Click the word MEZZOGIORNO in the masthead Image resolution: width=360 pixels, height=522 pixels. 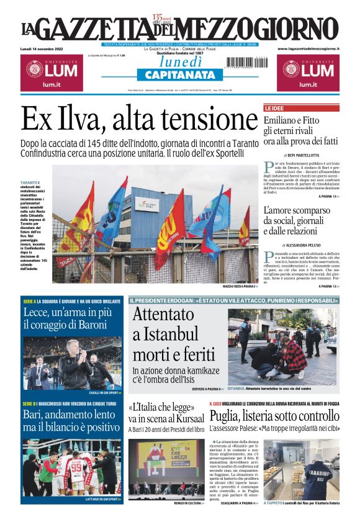click(x=266, y=29)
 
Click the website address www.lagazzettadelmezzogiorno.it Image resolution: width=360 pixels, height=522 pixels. click(x=308, y=48)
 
